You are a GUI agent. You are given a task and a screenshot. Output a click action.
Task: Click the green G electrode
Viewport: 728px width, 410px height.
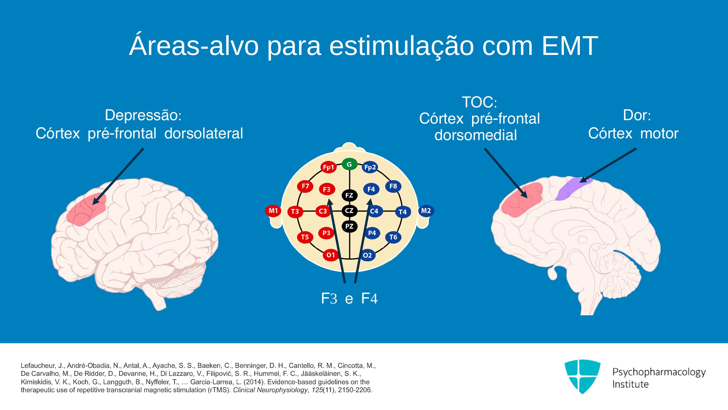coord(349,164)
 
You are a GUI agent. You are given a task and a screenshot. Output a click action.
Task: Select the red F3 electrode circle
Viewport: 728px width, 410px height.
coord(327,189)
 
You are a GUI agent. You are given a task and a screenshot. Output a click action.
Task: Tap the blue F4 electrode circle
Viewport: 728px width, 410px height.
coord(371,189)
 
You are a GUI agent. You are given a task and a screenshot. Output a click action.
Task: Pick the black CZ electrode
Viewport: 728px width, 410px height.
coord(349,211)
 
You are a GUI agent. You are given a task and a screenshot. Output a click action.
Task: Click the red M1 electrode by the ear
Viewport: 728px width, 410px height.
coord(273,211)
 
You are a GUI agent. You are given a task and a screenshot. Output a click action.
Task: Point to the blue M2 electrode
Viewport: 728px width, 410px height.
coord(426,211)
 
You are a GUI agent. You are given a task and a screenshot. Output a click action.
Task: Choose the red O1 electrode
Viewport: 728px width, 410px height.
coord(331,255)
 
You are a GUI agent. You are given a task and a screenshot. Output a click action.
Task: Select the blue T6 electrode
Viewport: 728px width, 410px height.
coord(393,237)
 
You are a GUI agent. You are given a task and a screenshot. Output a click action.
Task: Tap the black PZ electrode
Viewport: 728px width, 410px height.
coord(349,226)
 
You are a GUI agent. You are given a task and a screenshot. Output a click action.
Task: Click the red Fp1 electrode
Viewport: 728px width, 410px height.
coord(328,167)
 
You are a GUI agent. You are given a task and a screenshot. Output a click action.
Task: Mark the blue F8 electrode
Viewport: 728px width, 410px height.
coord(393,186)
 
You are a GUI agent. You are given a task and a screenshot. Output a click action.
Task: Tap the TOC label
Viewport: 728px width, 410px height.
coord(477,102)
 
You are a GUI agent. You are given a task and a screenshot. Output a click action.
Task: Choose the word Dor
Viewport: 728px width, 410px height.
coord(634,115)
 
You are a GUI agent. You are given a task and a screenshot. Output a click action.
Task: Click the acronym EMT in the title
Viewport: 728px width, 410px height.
coord(568,46)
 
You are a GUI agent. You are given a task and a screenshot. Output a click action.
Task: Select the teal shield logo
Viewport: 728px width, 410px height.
coord(582,376)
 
